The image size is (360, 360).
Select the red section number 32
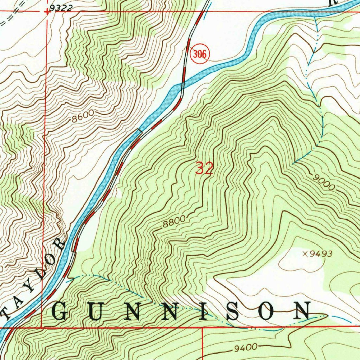click(x=204, y=169)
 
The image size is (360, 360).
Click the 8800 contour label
click(x=174, y=223)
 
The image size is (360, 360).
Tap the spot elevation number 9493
click(x=320, y=254)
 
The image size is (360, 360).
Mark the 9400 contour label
click(x=245, y=348)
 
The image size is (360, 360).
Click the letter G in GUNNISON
click(x=60, y=311)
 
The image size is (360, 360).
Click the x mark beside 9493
click(x=304, y=254)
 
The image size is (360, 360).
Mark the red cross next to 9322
click(x=46, y=11)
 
